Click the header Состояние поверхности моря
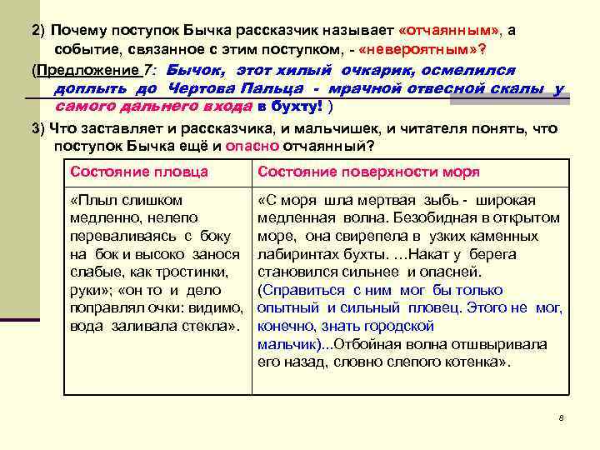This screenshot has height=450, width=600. [369, 172]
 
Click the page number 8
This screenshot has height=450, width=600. [562, 417]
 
